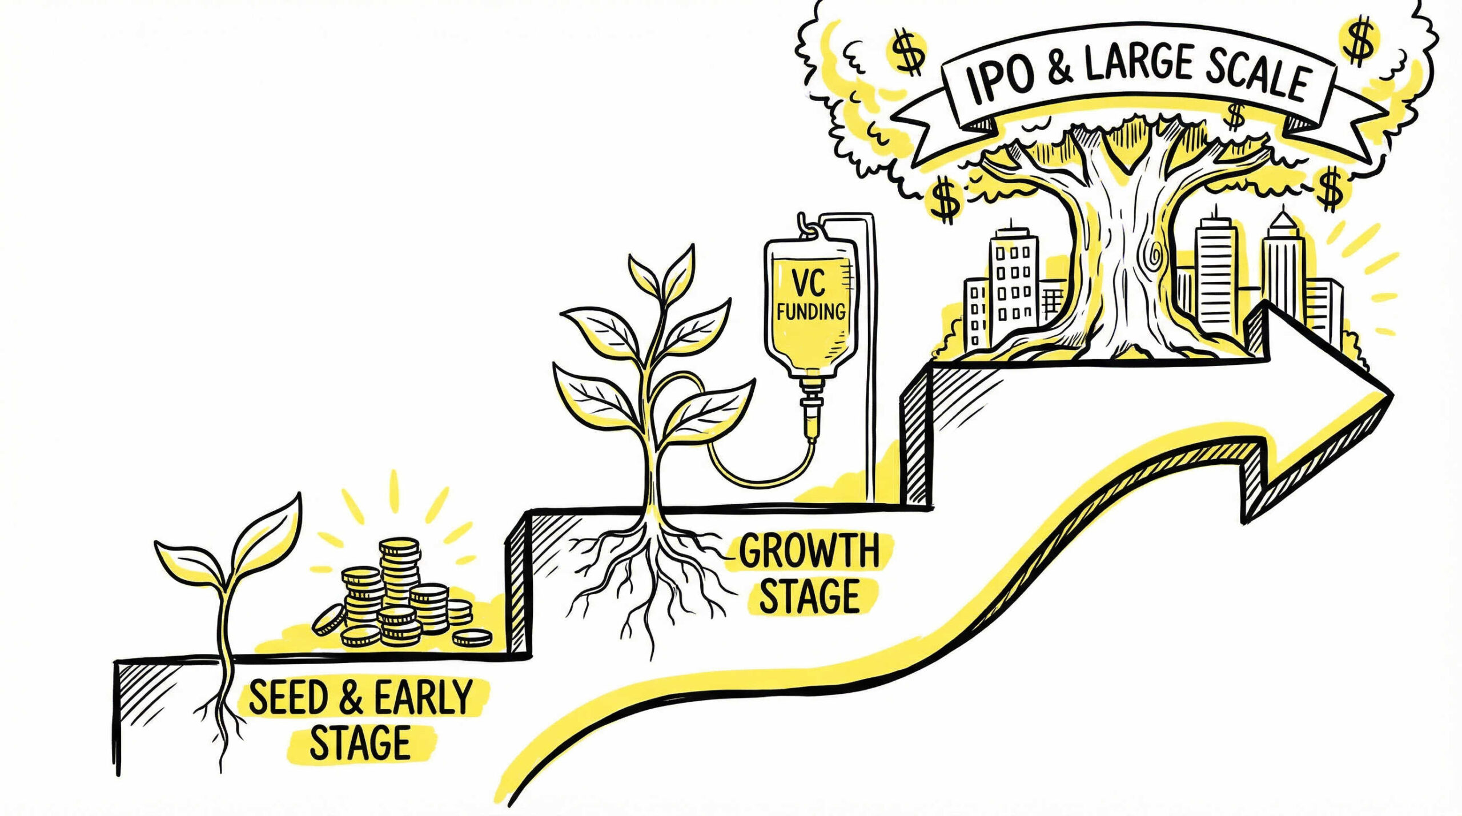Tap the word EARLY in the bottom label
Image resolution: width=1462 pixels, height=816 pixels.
coord(423,698)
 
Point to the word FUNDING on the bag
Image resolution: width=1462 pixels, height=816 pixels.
coord(810,312)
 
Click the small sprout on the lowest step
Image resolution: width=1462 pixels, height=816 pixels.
coord(228,565)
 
